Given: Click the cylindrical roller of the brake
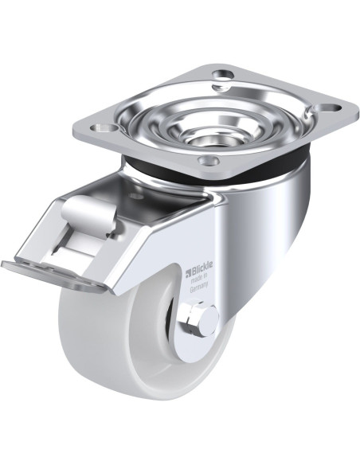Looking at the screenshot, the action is pos(88,211).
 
